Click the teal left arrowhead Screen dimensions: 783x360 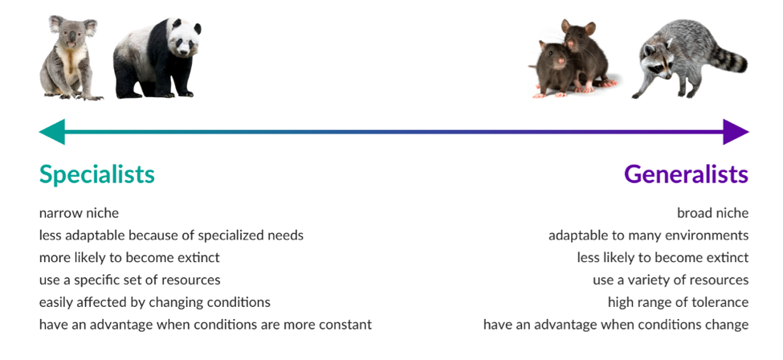(x=52, y=132)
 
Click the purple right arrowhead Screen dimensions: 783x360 (x=736, y=132)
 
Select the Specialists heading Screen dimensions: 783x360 (x=97, y=174)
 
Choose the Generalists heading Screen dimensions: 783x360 (x=686, y=174)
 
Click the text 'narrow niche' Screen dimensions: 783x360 (x=79, y=213)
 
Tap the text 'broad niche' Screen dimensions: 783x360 (x=712, y=213)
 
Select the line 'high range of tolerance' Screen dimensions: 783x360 (x=678, y=302)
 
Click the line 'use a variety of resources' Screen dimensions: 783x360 (x=671, y=280)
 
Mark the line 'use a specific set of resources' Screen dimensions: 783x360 (x=130, y=280)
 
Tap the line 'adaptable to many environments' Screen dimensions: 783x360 (x=649, y=235)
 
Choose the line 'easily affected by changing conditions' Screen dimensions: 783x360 (x=155, y=302)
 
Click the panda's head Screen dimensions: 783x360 (x=183, y=38)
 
